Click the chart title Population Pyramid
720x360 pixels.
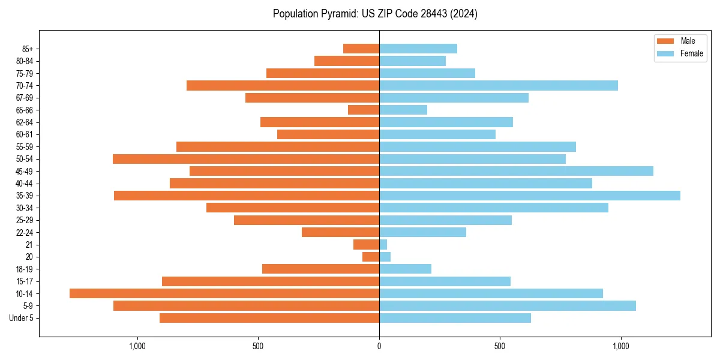coord(375,14)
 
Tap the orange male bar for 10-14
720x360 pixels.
coord(224,293)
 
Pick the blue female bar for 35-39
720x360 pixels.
coord(530,196)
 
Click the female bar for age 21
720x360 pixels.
coord(383,245)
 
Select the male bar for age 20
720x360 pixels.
coord(371,257)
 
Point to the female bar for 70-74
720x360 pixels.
coord(499,85)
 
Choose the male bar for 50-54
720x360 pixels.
coord(246,159)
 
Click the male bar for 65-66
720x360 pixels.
coord(364,110)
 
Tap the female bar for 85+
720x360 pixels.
coord(418,49)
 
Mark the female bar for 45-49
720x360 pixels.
coord(516,171)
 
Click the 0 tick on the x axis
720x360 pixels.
coord(379,346)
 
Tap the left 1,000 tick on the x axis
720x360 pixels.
coord(137,346)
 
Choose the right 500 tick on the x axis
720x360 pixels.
coord(500,346)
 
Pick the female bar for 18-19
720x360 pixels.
coord(405,269)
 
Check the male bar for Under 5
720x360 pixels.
coord(269,318)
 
